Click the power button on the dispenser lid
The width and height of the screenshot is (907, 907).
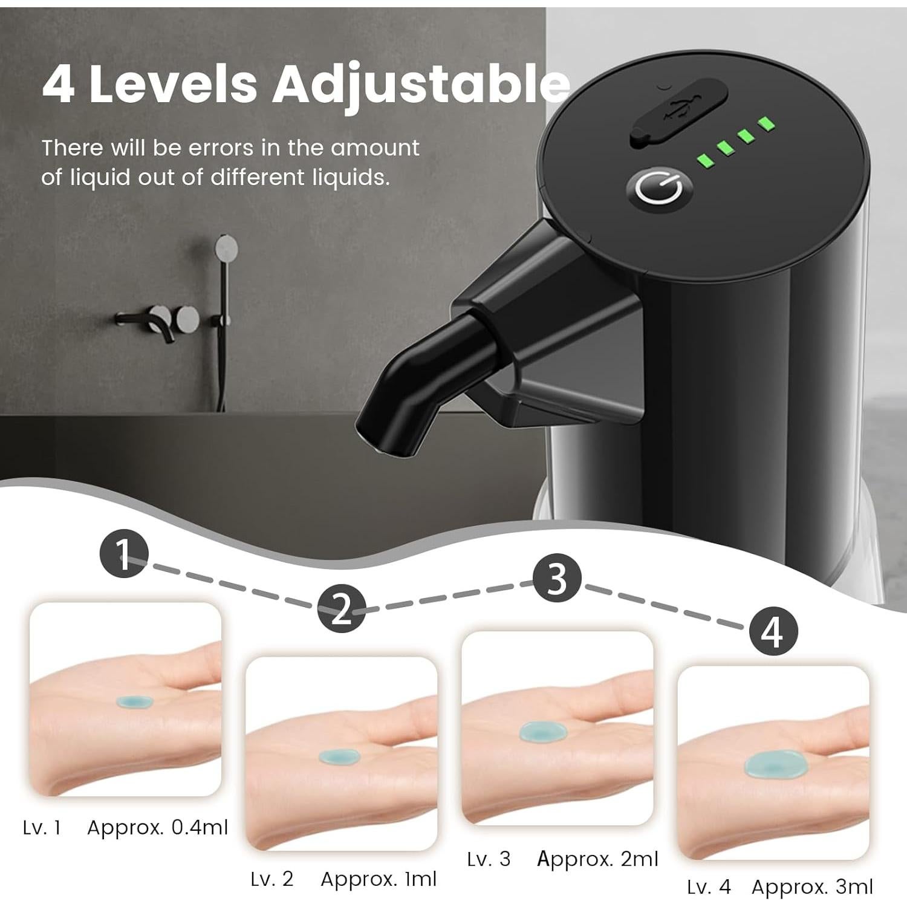(x=658, y=188)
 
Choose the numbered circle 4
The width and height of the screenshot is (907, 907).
(x=773, y=631)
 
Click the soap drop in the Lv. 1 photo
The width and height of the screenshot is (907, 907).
(x=134, y=701)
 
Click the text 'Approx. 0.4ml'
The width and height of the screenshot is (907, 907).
(x=158, y=827)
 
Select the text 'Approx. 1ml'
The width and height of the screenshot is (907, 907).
(x=379, y=879)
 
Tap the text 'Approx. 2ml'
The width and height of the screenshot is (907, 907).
(x=597, y=859)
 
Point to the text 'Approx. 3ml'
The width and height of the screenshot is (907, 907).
(x=812, y=887)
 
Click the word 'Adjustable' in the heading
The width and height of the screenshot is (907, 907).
(x=420, y=85)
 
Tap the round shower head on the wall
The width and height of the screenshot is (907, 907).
(x=227, y=247)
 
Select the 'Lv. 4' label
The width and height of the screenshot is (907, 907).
(x=709, y=887)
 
